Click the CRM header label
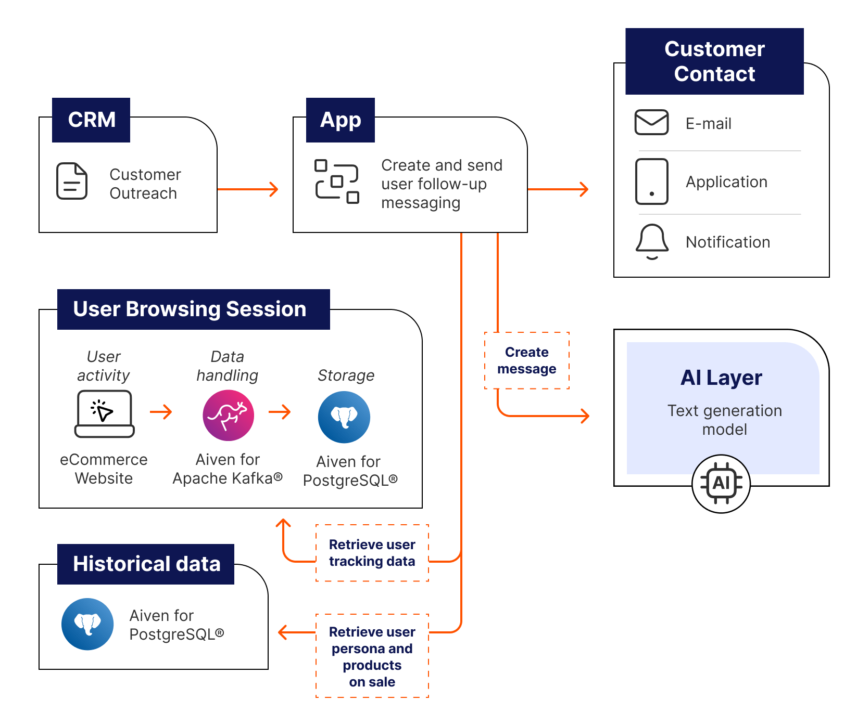(x=91, y=120)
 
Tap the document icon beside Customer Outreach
(x=72, y=181)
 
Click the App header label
(x=341, y=120)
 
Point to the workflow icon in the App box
(x=337, y=181)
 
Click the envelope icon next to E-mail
(x=651, y=123)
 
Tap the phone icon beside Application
(x=651, y=181)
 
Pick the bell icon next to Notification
(x=652, y=242)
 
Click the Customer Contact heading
(x=714, y=61)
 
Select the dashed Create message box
(x=527, y=360)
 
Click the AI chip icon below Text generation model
(x=721, y=483)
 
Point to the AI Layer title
(x=721, y=378)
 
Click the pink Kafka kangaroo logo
(x=228, y=416)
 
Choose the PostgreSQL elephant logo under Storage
(x=344, y=417)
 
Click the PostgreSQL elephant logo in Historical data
(x=87, y=624)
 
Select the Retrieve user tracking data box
(x=372, y=553)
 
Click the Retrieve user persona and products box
(x=372, y=656)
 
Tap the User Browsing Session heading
(x=190, y=309)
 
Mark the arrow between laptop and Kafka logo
(x=161, y=412)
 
